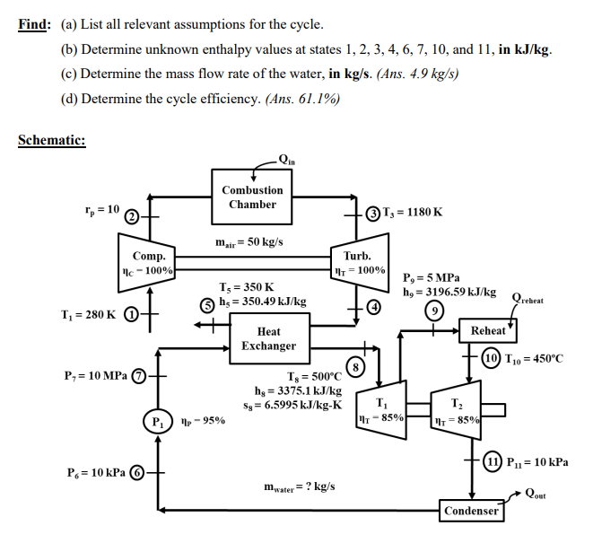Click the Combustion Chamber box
click(252, 197)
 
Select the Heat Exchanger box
click(268, 338)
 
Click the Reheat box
click(488, 331)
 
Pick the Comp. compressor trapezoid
click(148, 262)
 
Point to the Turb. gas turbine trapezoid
click(358, 262)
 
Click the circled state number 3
click(372, 213)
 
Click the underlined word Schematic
click(51, 140)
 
